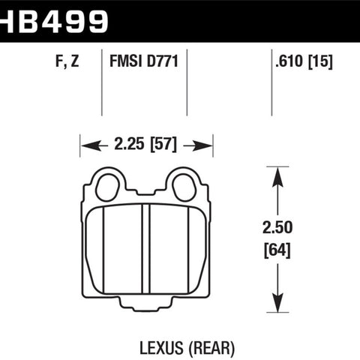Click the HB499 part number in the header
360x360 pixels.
tap(54, 22)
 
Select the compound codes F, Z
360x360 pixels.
tap(67, 61)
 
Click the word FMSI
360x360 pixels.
tap(126, 61)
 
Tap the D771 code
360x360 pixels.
tap(162, 61)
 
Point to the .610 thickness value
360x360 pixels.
tap(289, 61)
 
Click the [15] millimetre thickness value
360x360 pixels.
tap(320, 61)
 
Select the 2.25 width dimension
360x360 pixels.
tap(129, 144)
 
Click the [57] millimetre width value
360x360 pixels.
tap(163, 145)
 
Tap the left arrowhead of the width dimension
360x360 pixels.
tap(91, 145)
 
